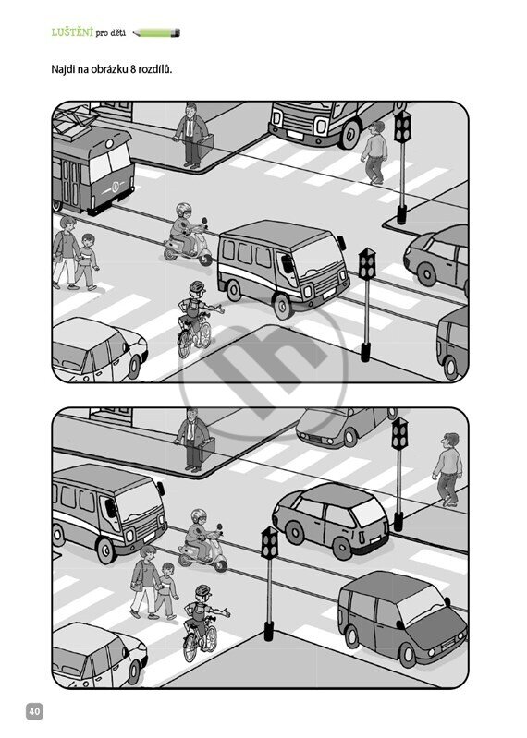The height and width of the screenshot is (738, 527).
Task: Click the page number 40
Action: [x=35, y=710]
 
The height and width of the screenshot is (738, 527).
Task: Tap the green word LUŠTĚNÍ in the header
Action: [x=72, y=32]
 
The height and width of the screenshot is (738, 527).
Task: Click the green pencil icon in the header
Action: [x=156, y=33]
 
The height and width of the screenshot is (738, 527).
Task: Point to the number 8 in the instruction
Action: [x=133, y=69]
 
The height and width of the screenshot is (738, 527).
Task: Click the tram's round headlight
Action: [x=109, y=143]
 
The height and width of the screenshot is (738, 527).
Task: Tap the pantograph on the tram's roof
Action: [x=71, y=122]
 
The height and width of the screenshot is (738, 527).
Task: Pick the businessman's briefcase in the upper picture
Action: [x=206, y=146]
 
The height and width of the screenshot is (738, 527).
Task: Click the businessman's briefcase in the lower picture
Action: [x=207, y=450]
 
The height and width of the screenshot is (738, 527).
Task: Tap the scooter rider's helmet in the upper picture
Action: [x=183, y=210]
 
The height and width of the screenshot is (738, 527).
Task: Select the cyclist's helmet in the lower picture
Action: [x=202, y=590]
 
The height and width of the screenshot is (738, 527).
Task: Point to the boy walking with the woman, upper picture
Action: [x=87, y=261]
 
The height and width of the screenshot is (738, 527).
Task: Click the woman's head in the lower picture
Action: [x=147, y=552]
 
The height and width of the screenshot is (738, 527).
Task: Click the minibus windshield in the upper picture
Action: [x=313, y=257]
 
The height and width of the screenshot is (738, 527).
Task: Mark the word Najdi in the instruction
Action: [x=63, y=70]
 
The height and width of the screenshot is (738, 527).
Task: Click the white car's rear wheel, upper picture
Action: [x=134, y=367]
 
